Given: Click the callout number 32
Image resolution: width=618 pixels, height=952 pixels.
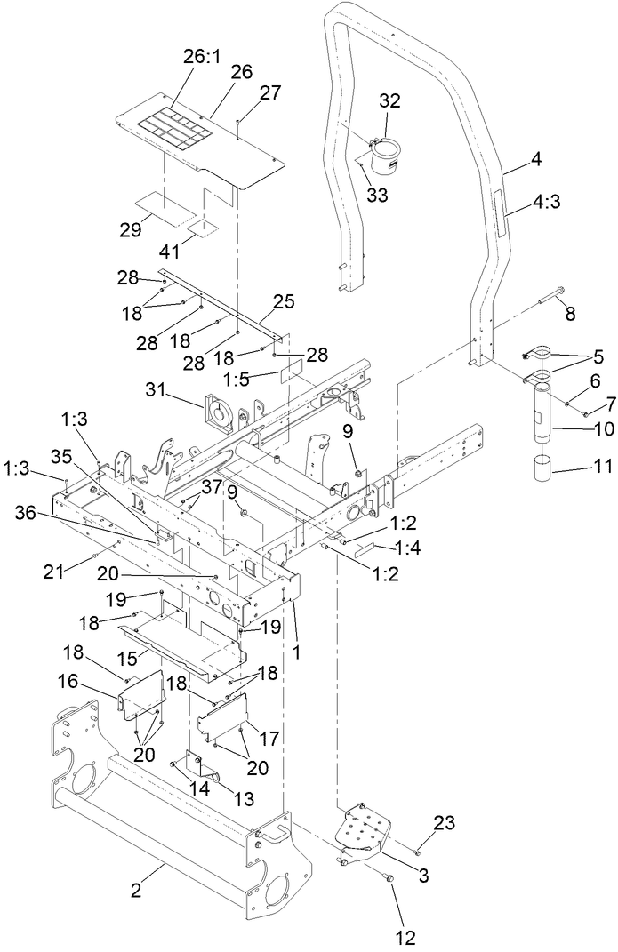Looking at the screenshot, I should click(389, 100).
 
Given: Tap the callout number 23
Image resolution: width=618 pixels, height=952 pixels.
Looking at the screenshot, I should click(445, 823).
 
